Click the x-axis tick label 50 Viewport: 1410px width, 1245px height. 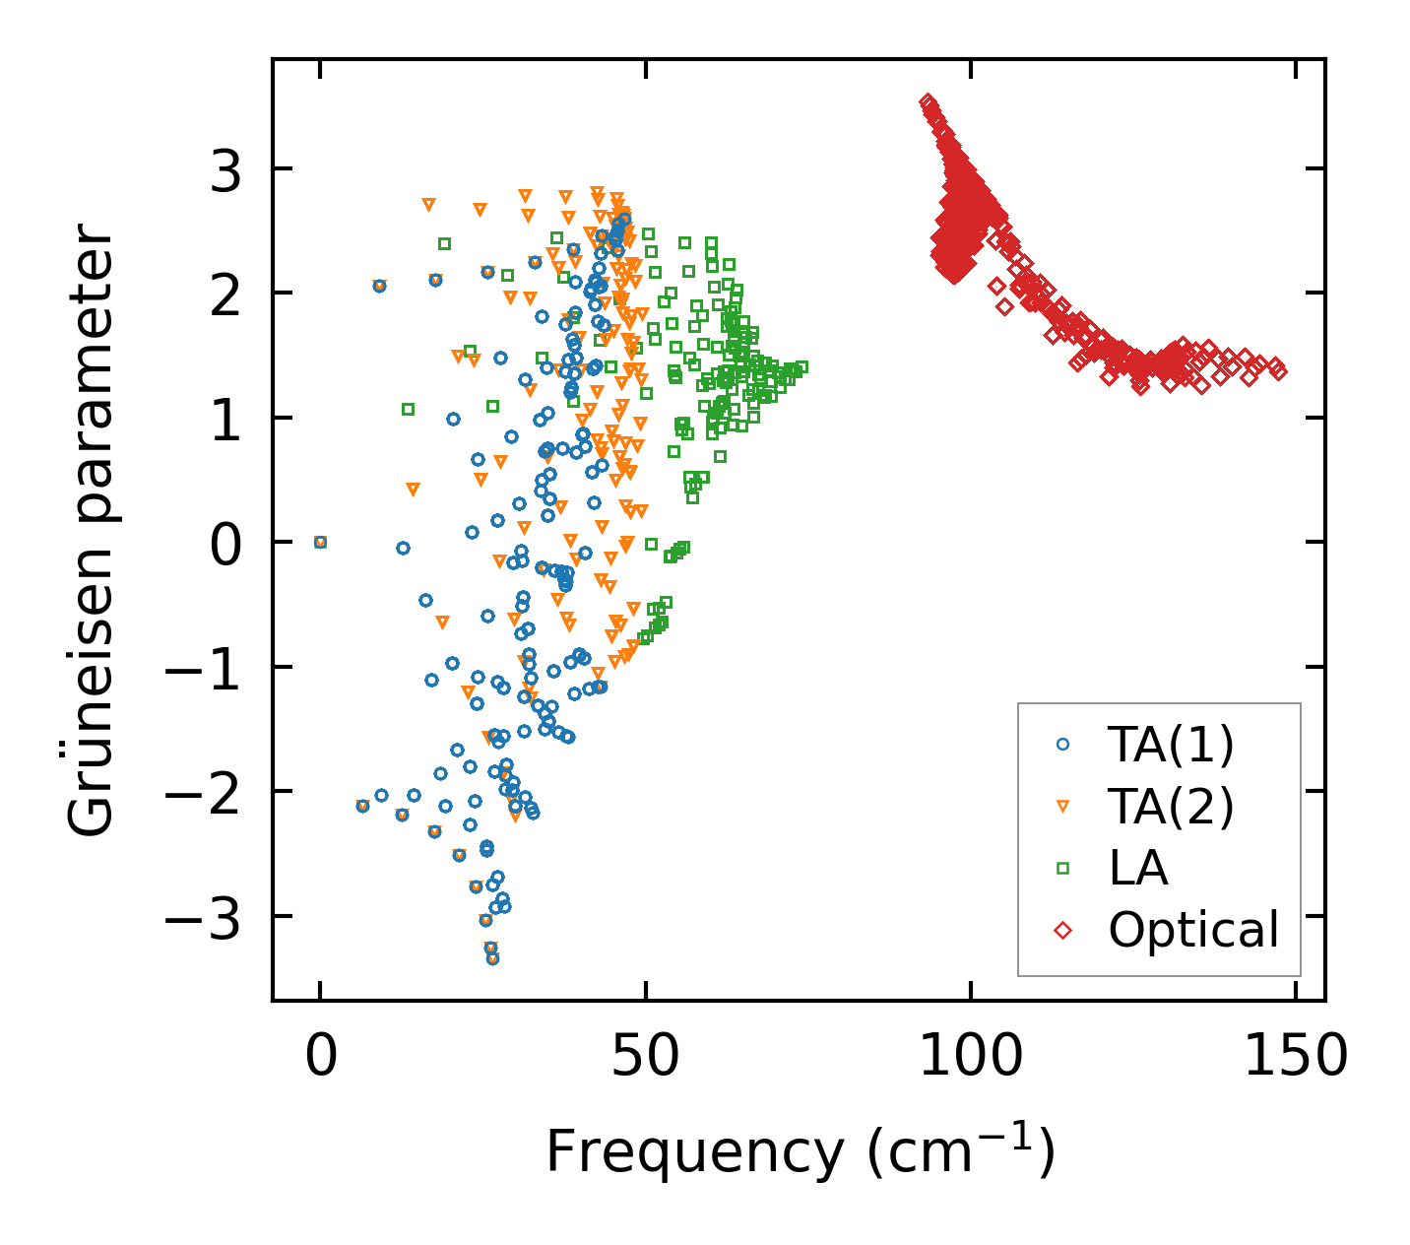[x=645, y=1058]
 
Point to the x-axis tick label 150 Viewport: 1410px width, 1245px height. [x=1296, y=1058]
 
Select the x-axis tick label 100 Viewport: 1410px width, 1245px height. [x=970, y=1058]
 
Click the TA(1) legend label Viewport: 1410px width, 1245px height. [x=1171, y=746]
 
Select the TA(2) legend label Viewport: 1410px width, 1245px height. [x=1171, y=807]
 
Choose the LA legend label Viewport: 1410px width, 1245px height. [x=1138, y=868]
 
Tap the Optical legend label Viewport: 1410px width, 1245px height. [x=1193, y=930]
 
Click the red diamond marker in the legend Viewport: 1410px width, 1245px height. [x=1062, y=930]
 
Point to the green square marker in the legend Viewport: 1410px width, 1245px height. [x=1062, y=868]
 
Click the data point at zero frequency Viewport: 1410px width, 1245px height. [x=320, y=542]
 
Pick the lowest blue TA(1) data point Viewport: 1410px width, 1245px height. [x=492, y=958]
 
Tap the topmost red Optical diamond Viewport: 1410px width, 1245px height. [x=927, y=101]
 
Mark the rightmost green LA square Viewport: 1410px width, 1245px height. [x=801, y=367]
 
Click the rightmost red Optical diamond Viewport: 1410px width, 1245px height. [x=1279, y=370]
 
